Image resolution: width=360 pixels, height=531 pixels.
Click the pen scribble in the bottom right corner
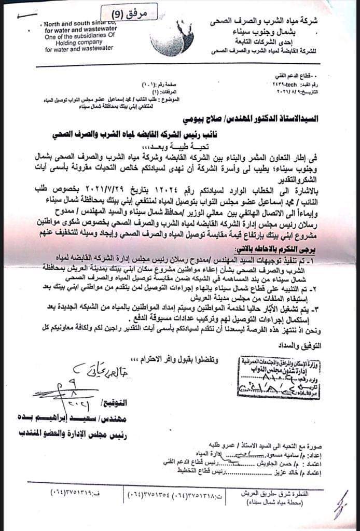340,503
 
